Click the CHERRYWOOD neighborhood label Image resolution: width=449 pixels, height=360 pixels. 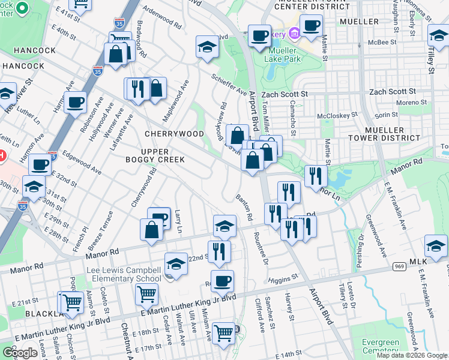tap(174, 133)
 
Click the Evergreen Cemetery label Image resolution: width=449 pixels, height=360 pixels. tap(380, 347)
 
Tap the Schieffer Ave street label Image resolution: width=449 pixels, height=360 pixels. tap(228, 85)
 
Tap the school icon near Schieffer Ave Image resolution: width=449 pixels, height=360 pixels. tap(206, 48)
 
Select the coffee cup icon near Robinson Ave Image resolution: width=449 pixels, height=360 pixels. tap(76, 103)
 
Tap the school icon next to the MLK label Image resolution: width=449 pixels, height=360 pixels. tap(436, 247)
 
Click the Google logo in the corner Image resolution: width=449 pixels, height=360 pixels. tap(20, 353)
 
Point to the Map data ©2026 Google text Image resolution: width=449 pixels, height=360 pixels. tap(411, 355)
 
